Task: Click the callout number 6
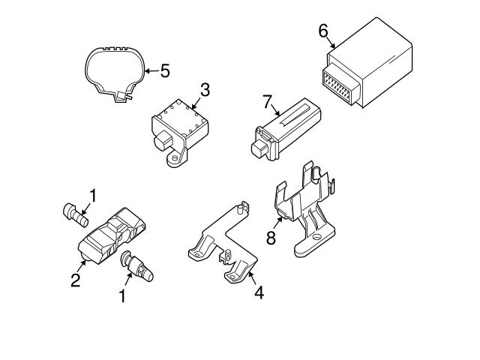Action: point(323,31)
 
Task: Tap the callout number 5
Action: point(165,70)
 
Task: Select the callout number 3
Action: point(205,90)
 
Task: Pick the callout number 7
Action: point(267,102)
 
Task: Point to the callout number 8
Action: point(271,238)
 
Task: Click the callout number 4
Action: point(259,292)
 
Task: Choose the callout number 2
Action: point(75,280)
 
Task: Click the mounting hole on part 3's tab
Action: point(175,158)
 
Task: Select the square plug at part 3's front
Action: point(163,141)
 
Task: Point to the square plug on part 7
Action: point(260,148)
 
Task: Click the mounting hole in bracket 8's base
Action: point(316,237)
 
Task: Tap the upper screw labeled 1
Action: point(75,215)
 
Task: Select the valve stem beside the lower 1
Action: point(137,266)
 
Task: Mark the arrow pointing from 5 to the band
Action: point(152,71)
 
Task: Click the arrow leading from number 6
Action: point(331,43)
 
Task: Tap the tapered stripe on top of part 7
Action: point(295,115)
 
